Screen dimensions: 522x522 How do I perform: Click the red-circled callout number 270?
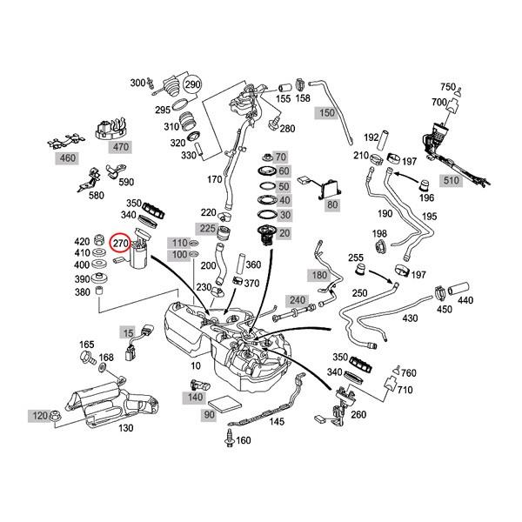[121, 245]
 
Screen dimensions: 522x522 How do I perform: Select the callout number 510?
[452, 180]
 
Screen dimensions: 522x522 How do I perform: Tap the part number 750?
[448, 87]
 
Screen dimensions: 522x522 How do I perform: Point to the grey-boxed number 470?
[120, 147]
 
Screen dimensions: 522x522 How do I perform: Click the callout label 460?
[66, 159]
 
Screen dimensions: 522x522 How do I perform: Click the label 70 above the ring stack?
[280, 156]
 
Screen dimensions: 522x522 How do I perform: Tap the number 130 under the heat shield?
[125, 428]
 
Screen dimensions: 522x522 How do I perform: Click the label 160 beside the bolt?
[244, 440]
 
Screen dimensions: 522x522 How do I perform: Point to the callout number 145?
[277, 422]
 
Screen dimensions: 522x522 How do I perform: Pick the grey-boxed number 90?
[209, 417]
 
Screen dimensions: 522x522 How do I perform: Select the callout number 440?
[465, 299]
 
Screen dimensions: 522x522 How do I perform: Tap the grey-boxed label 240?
[298, 299]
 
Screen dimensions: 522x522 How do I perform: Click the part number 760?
[409, 373]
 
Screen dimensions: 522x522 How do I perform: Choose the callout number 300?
[137, 83]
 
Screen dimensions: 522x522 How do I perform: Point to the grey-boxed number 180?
[319, 275]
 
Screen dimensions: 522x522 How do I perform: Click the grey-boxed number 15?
[128, 332]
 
